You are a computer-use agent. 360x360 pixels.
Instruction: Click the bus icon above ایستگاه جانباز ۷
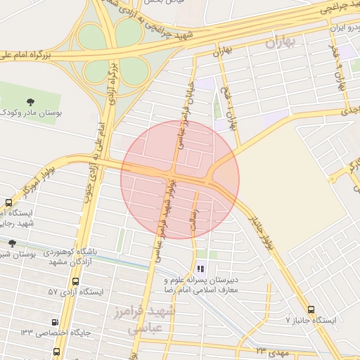311,309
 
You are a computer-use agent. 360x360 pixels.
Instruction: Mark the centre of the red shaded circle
180,179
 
